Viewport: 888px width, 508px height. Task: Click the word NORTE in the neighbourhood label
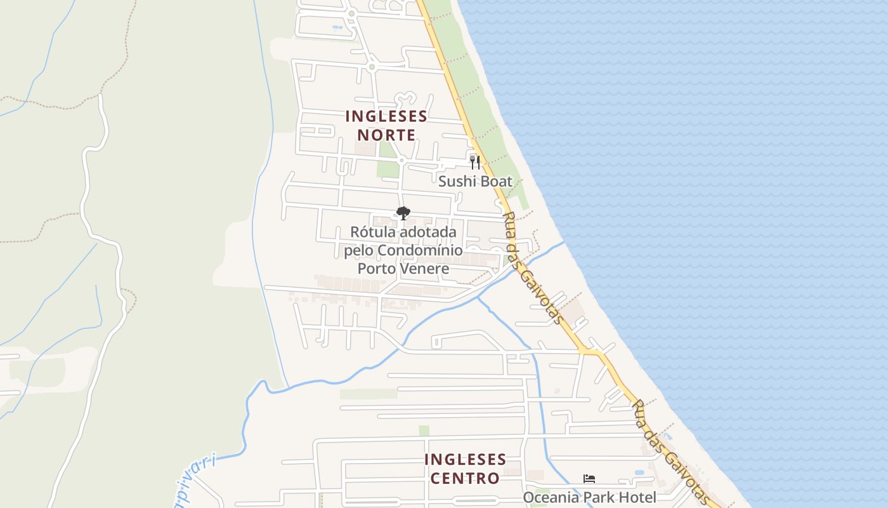[x=386, y=135]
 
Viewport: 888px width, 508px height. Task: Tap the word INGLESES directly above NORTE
[x=386, y=117]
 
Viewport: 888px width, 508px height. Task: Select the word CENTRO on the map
[x=465, y=478]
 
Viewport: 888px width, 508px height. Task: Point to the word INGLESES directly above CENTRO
[x=465, y=460]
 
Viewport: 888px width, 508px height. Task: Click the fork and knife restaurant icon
[x=475, y=162]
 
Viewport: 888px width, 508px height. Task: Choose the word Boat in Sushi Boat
[x=495, y=182]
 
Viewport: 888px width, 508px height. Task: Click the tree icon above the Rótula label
[x=403, y=213]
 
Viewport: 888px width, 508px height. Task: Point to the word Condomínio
[x=420, y=251]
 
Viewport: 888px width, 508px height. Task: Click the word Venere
[x=424, y=269]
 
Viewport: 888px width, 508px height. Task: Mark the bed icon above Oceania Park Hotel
[x=589, y=479]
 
